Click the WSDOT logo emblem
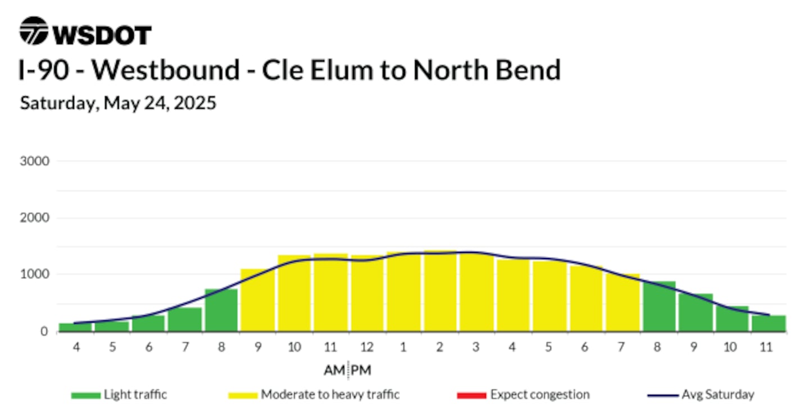tap(34, 31)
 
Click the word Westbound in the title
tap(165, 70)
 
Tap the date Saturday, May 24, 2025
tap(118, 103)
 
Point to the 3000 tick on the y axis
tap(35, 161)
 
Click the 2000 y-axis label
tap(35, 218)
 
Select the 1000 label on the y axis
tap(35, 274)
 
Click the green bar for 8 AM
tap(221, 310)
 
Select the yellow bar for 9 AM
tap(258, 300)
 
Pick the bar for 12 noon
tap(367, 293)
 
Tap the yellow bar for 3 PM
tap(476, 292)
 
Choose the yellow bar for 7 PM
tap(622, 302)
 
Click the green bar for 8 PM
tap(659, 306)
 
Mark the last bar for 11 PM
tap(769, 324)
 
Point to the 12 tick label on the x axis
tap(367, 347)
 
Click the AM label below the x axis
tap(334, 370)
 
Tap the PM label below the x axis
tap(361, 370)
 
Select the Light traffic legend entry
tap(119, 395)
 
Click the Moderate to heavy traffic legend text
tap(330, 395)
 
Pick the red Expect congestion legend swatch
tap(472, 395)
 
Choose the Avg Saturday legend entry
tap(701, 395)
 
